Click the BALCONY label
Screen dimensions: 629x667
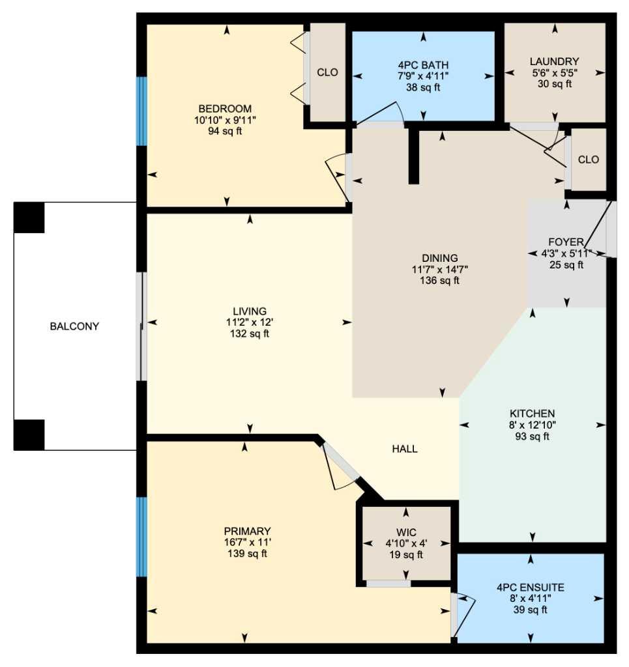(x=74, y=326)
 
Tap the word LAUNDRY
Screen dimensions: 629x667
(x=555, y=61)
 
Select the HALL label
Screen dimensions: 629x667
(x=405, y=449)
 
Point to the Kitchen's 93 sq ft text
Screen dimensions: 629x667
(x=533, y=436)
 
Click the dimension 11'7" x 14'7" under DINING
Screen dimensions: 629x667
(x=440, y=269)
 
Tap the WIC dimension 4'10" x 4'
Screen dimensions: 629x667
(x=407, y=543)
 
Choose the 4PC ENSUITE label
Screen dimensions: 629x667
(x=531, y=588)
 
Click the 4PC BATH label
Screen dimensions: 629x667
(x=424, y=65)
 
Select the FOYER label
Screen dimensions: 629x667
(x=566, y=242)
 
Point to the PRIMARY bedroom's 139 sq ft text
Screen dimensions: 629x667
(x=248, y=554)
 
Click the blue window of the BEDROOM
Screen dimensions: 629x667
(x=141, y=111)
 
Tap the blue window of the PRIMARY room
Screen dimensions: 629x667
(x=141, y=537)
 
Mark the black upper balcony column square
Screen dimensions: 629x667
(x=29, y=218)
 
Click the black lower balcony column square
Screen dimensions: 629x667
(x=29, y=434)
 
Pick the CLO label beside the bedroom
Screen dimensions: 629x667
(x=328, y=72)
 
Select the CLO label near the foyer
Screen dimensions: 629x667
(x=589, y=160)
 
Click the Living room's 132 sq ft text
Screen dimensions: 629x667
(x=250, y=333)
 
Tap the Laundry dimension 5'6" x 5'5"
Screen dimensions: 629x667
(x=555, y=73)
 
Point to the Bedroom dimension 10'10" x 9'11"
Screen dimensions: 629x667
(x=225, y=120)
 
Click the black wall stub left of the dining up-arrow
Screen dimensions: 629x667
(x=414, y=156)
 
